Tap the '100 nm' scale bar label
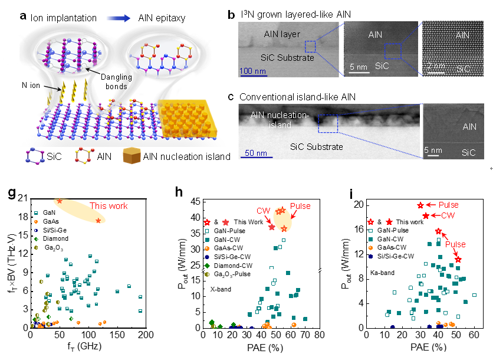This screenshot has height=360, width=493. (x=252, y=71)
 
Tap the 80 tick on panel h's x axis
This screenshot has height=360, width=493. (x=319, y=335)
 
